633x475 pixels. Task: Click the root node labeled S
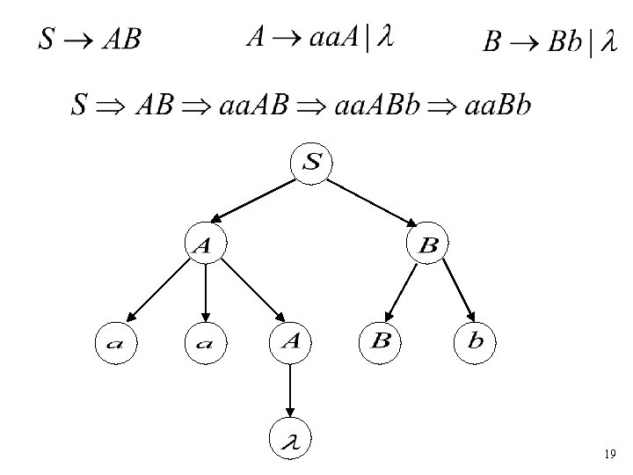point(312,164)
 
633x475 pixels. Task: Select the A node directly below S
point(205,247)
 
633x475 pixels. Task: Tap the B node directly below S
point(428,246)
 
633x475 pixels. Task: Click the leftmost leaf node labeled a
point(117,344)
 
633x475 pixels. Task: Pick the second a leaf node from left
point(205,344)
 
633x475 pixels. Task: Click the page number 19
point(610,455)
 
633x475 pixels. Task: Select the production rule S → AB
point(89,40)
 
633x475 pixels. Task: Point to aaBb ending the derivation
point(502,106)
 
